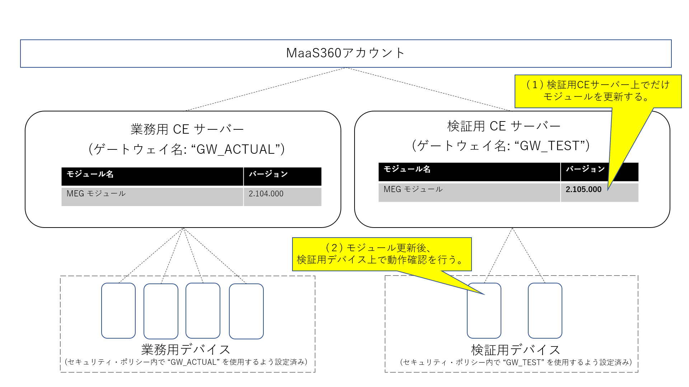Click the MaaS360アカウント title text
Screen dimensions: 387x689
346,53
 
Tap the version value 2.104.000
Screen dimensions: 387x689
266,194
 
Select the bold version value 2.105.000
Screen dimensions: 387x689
583,190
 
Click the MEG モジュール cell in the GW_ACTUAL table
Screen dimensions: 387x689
96,194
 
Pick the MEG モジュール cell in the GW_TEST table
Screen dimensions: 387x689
413,190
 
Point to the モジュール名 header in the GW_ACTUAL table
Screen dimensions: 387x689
90,174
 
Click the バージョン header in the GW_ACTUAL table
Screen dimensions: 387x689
268,174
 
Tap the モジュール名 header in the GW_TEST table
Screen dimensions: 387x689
407,169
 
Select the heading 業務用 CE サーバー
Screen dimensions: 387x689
187,129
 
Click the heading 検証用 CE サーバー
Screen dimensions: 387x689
504,126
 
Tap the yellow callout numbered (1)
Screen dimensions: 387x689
597,91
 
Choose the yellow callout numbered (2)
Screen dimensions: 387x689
381,254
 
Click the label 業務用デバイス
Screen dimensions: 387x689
186,349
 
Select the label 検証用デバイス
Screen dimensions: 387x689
516,350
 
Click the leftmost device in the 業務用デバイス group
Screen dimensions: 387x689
118,311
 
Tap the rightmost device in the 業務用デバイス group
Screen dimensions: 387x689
246,311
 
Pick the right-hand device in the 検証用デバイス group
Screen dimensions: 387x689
545,311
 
